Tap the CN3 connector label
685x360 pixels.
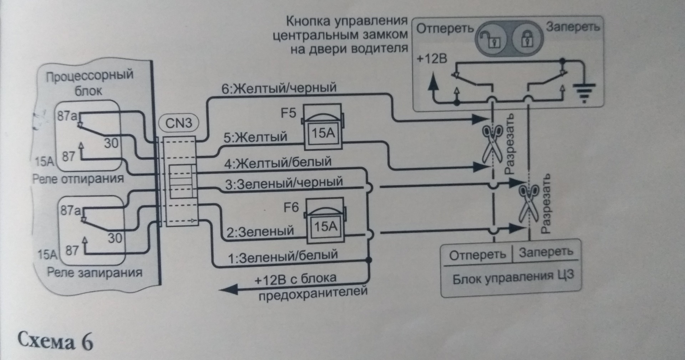178,123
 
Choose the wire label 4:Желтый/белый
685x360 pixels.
278,163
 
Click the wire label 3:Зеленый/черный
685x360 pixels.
284,183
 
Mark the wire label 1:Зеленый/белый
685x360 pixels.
283,256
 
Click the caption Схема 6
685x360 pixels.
55,341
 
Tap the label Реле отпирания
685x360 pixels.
78,179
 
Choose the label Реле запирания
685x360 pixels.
95,273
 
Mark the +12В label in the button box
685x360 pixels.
432,59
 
